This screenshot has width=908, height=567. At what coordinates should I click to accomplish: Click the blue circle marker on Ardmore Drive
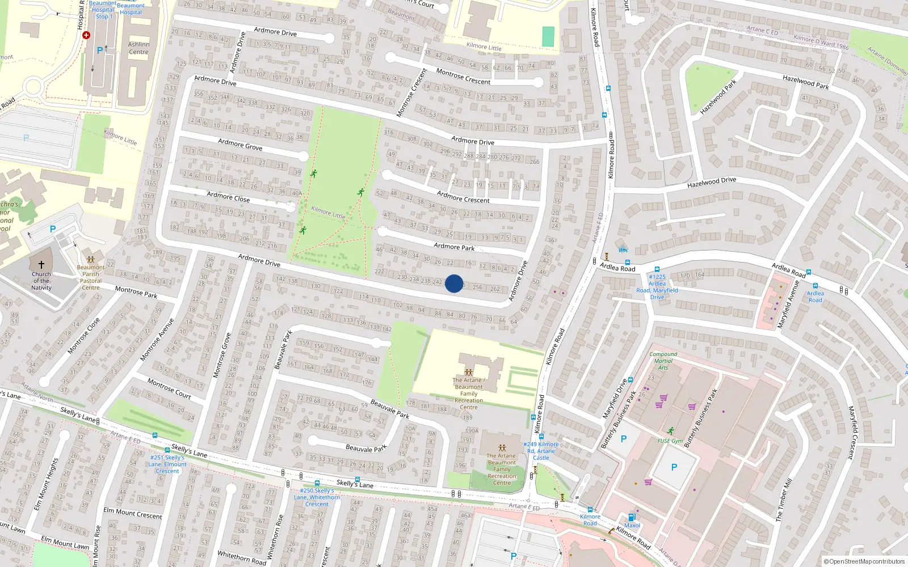tap(453, 283)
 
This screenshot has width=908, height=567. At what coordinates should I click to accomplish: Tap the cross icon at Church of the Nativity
tap(41, 264)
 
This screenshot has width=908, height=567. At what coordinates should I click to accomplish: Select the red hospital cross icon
tap(86, 35)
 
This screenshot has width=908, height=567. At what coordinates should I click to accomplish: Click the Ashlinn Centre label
tap(138, 48)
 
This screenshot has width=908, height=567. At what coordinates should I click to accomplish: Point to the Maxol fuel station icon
tap(632, 517)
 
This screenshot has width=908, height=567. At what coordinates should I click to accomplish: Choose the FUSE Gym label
tap(670, 441)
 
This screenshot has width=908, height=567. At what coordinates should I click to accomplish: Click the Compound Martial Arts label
tap(663, 361)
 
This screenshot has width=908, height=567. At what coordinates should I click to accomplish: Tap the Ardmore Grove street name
tap(240, 145)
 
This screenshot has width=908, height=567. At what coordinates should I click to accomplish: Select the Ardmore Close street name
tap(228, 197)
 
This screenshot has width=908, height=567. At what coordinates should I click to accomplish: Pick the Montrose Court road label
tap(169, 388)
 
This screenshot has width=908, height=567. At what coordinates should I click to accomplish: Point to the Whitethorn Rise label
tap(276, 537)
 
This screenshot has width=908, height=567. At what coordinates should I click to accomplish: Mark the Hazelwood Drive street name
tap(711, 182)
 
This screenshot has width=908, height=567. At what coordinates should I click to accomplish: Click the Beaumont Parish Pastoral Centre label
tap(91, 277)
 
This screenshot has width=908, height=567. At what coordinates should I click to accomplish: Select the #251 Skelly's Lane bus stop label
tap(167, 464)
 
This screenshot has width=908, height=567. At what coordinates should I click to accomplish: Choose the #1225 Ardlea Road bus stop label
tap(657, 287)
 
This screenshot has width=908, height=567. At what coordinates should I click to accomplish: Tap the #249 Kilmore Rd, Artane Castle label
tap(541, 451)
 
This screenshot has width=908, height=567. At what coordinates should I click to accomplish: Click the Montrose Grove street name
tap(222, 356)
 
